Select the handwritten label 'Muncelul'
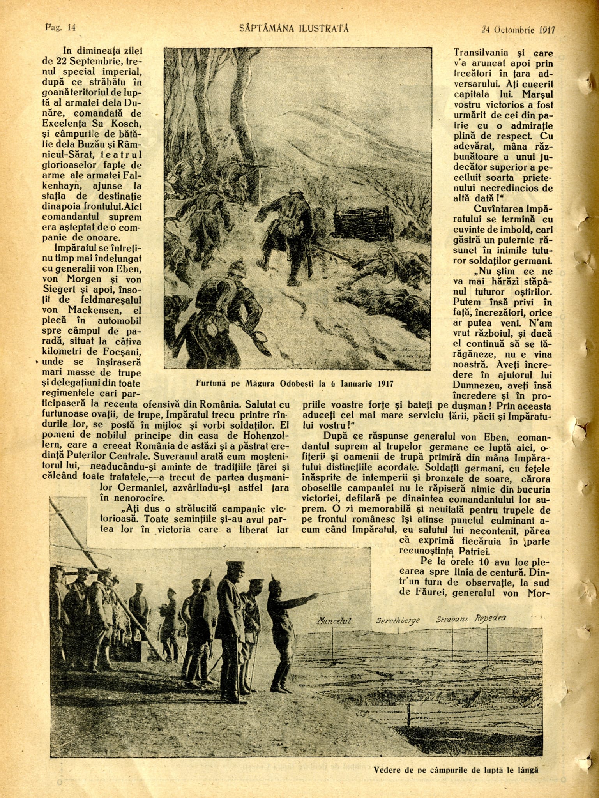(x=334, y=620)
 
